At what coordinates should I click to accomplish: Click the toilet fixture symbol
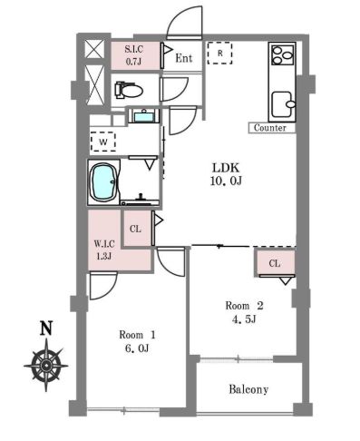(x=129, y=90)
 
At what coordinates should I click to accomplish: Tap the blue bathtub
(x=104, y=181)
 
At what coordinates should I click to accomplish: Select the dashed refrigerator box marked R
(x=219, y=53)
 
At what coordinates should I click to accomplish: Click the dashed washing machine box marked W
(x=103, y=142)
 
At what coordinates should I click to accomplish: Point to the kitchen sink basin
(x=283, y=104)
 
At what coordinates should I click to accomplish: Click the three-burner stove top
(x=283, y=54)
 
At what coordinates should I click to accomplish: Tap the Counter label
(x=270, y=128)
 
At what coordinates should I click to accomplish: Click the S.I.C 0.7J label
(x=134, y=55)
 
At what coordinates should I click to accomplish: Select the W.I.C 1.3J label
(x=104, y=250)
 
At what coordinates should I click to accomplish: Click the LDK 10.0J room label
(x=226, y=174)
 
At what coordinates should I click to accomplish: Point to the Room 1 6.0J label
(x=137, y=341)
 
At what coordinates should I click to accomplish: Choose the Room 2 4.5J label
(x=244, y=312)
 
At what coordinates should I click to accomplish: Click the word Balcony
(x=248, y=389)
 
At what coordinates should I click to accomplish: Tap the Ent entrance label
(x=184, y=58)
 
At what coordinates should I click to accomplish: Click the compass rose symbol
(x=46, y=365)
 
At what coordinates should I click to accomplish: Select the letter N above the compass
(x=46, y=328)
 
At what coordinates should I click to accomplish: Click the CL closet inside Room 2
(x=275, y=263)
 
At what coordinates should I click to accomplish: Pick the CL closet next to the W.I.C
(x=136, y=229)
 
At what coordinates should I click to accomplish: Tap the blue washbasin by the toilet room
(x=144, y=116)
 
